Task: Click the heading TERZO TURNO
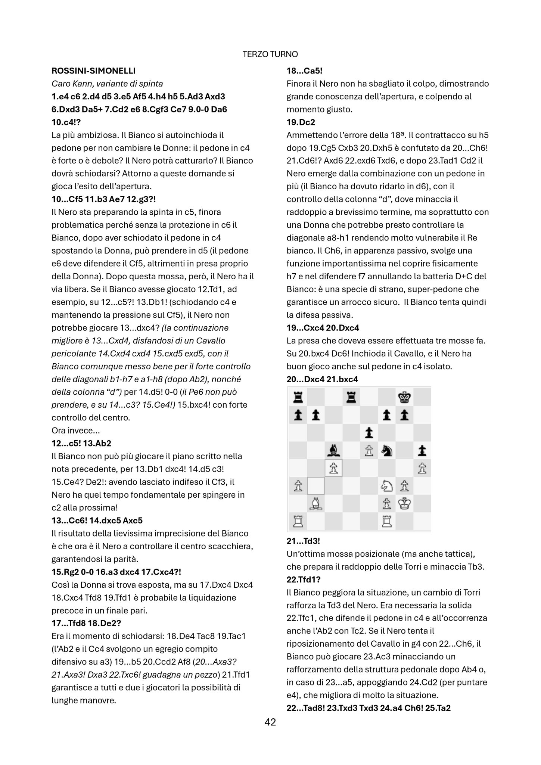pyautogui.click(x=270, y=55)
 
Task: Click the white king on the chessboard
pyautogui.click(x=404, y=504)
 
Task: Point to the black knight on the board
pyautogui.click(x=386, y=451)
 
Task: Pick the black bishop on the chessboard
pyautogui.click(x=333, y=451)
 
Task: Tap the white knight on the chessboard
pyautogui.click(x=386, y=486)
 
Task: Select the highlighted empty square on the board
pyautogui.click(x=315, y=486)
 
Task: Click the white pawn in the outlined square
pyautogui.click(x=333, y=469)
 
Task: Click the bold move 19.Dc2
pyautogui.click(x=301, y=122)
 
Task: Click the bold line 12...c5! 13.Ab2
pyautogui.click(x=81, y=443)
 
